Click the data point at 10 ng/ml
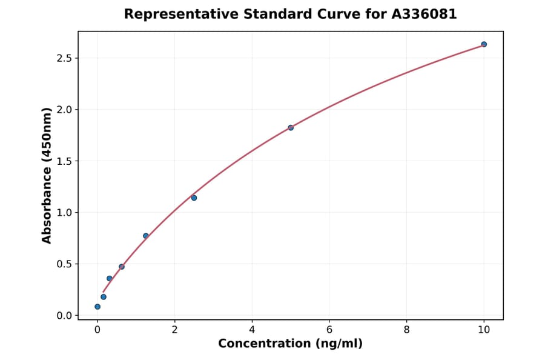(484, 44)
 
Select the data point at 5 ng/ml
(291, 127)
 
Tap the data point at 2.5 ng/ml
(194, 198)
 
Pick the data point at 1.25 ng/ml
(146, 236)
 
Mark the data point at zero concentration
(97, 307)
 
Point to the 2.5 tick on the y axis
(65, 58)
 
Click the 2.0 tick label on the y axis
(65, 110)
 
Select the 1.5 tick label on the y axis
(65, 161)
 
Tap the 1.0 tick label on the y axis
(65, 213)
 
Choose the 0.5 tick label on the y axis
(65, 264)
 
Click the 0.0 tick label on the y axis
(65, 316)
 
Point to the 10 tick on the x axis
(484, 330)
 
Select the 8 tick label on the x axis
(406, 330)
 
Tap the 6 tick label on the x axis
(329, 330)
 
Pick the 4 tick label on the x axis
(252, 330)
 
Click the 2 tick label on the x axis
(174, 330)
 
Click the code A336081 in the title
(424, 14)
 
